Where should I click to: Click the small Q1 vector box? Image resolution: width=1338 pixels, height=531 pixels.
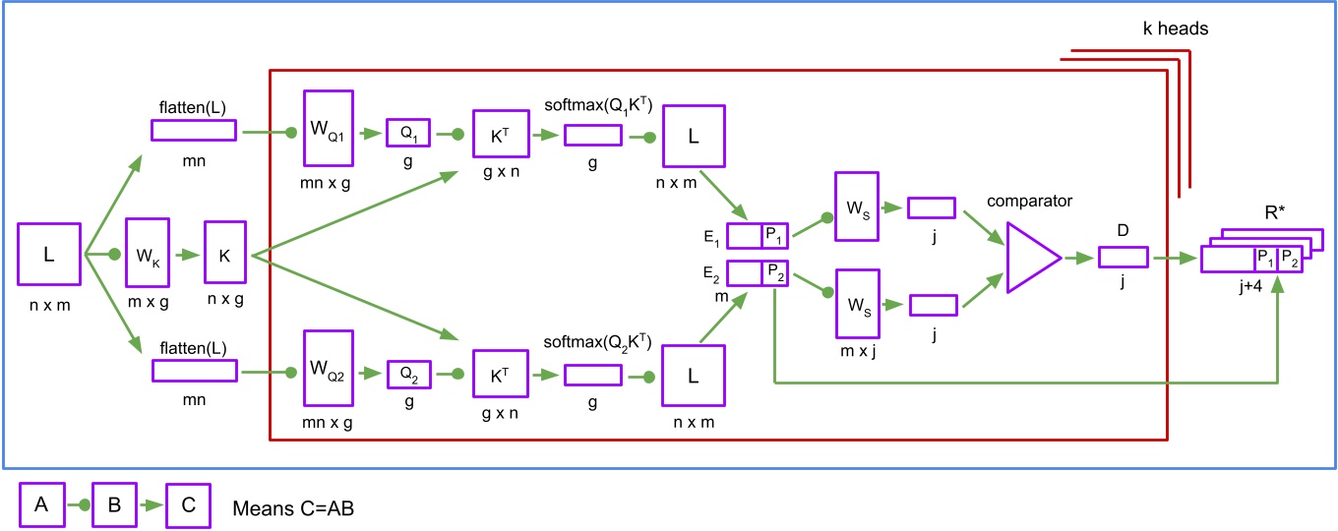click(407, 134)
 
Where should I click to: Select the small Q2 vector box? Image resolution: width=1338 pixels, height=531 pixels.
click(407, 374)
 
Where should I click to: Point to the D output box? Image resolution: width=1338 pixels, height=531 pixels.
click(1123, 258)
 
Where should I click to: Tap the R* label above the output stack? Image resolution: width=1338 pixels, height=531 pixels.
click(1277, 212)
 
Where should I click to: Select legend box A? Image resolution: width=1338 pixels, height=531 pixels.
click(41, 505)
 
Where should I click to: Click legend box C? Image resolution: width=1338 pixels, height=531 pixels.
click(189, 505)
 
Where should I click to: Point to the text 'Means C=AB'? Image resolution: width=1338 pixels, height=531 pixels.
click(293, 508)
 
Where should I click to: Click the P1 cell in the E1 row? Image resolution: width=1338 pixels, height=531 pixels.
click(775, 235)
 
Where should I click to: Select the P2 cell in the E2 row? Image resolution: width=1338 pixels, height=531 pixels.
click(775, 272)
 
